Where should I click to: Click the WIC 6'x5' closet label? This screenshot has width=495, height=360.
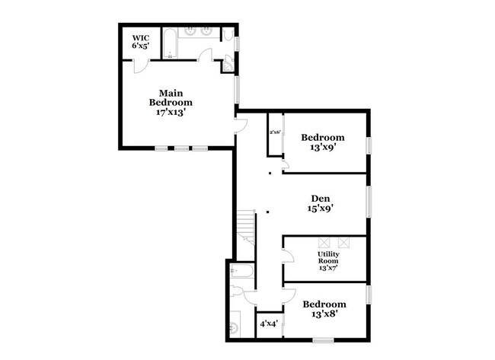click(x=140, y=41)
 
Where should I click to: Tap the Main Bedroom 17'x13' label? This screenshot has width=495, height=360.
click(x=171, y=101)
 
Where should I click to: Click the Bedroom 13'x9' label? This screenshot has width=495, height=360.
click(x=323, y=142)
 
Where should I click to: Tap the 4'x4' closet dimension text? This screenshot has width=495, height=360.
click(x=268, y=323)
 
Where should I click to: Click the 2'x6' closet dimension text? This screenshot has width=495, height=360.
click(x=275, y=132)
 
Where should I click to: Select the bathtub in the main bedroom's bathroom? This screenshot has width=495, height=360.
click(x=171, y=43)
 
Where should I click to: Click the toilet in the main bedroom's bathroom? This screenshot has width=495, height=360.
click(x=228, y=35)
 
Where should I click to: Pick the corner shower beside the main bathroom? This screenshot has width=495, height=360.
click(x=227, y=66)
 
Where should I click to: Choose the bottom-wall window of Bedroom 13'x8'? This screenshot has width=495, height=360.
click(x=325, y=339)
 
